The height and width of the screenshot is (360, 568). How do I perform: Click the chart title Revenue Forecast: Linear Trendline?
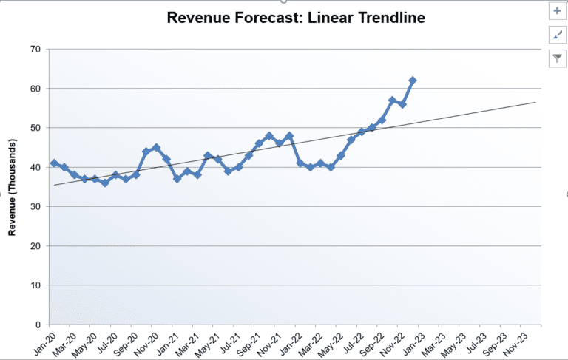tap(296, 17)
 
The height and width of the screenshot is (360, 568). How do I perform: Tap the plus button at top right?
tap(557, 11)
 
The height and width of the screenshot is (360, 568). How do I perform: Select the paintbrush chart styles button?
tap(557, 34)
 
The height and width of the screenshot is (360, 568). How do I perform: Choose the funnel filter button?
tap(557, 58)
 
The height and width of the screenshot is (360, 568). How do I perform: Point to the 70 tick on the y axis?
tap(35, 50)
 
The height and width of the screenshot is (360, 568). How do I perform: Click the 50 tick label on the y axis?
tap(35, 128)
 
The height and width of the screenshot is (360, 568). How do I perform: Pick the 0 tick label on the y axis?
tap(38, 325)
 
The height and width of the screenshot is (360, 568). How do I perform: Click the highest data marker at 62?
tap(413, 80)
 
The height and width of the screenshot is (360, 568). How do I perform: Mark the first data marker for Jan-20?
tap(54, 163)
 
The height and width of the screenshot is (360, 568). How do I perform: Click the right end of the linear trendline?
tap(535, 103)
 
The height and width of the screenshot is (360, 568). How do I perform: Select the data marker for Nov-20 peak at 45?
tap(156, 148)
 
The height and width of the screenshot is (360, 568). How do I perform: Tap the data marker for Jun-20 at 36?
tap(105, 183)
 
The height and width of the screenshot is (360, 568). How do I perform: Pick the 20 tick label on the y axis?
tap(35, 246)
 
